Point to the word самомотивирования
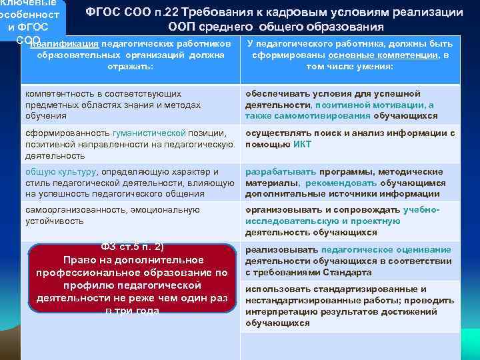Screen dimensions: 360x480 point(315,115)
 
